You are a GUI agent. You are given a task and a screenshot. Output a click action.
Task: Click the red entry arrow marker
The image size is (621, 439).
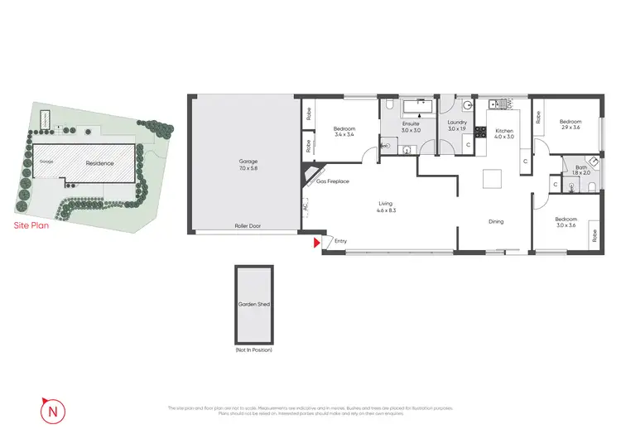pyautogui.click(x=315, y=243)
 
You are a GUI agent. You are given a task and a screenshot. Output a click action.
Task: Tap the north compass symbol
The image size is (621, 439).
pyautogui.click(x=51, y=408)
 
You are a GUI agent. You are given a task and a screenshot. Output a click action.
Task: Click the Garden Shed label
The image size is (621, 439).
pyautogui.click(x=254, y=305)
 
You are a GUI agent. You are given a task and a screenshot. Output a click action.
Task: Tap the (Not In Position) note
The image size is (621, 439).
pyautogui.click(x=254, y=350)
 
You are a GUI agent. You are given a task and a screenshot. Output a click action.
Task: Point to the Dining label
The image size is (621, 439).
pyautogui.click(x=495, y=221)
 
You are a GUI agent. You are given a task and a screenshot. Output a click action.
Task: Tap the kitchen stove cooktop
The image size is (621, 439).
pyautogui.click(x=479, y=153)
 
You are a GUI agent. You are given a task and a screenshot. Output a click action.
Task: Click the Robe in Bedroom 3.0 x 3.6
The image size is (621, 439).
pyautogui.click(x=595, y=235)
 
